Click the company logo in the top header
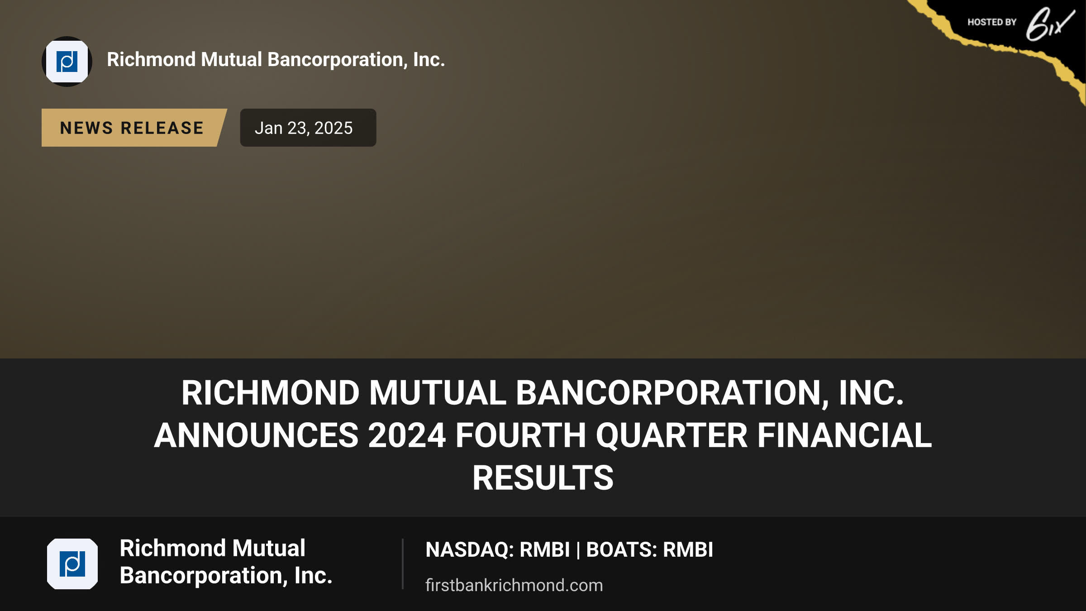[x=67, y=62]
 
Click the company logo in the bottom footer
[x=72, y=564]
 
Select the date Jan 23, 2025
[x=304, y=128]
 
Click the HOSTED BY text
[x=992, y=22]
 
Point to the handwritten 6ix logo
[x=1050, y=24]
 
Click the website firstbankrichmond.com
[x=514, y=585]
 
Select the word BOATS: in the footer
[x=622, y=550]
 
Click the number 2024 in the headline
[x=407, y=435]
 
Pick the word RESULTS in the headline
[x=543, y=478]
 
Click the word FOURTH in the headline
[x=521, y=435]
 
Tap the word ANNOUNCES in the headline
[x=257, y=435]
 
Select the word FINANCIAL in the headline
[x=845, y=435]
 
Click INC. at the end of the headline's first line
[x=872, y=393]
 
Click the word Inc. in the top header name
[x=429, y=60]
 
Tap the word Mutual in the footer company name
[x=269, y=548]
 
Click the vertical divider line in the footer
[x=402, y=564]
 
